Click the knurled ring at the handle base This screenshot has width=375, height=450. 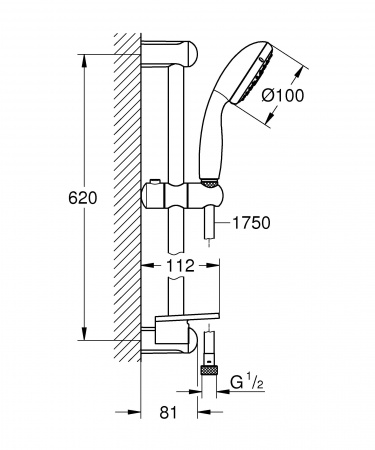click(x=207, y=183)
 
